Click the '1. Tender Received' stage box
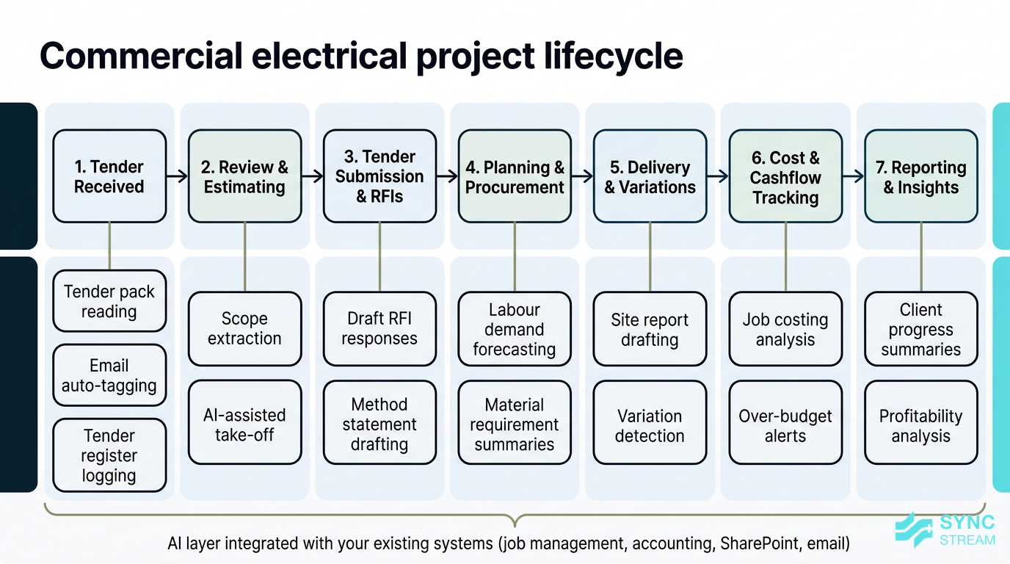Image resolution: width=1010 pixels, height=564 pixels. click(109, 176)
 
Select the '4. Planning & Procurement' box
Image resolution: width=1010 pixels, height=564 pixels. click(515, 176)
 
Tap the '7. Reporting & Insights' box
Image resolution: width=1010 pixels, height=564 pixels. click(920, 176)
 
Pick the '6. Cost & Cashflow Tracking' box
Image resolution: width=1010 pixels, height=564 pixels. click(785, 176)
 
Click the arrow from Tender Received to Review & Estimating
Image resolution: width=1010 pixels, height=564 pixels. click(177, 176)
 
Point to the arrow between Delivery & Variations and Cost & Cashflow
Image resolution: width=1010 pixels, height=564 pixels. click(718, 176)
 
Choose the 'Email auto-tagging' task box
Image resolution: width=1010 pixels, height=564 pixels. click(109, 375)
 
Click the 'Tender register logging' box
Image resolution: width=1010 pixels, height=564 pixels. click(109, 455)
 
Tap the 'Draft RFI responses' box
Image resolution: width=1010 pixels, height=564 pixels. click(379, 328)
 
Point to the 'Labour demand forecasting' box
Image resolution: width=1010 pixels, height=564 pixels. click(515, 328)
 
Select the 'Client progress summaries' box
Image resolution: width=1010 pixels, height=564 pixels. click(920, 328)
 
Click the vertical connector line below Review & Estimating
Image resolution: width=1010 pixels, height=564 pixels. click(244, 257)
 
